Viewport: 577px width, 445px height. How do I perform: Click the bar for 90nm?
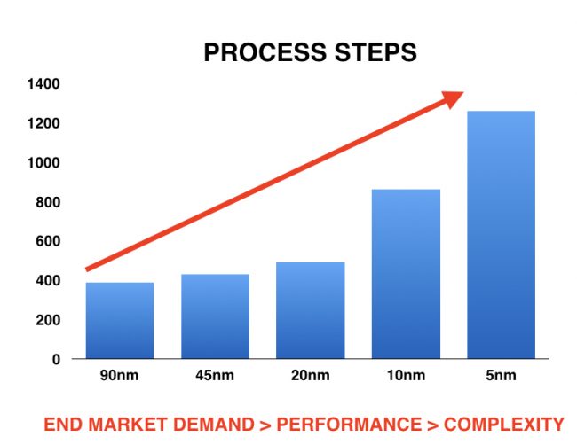[x=120, y=320]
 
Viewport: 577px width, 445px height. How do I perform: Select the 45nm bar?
[x=215, y=316]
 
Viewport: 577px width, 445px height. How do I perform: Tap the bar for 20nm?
[x=310, y=310]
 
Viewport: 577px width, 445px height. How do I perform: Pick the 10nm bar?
[x=406, y=274]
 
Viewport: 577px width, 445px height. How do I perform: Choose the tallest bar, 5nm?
[x=501, y=235]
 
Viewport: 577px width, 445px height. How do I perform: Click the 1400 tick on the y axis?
[x=43, y=84]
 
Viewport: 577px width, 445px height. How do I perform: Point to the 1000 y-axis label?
[x=43, y=163]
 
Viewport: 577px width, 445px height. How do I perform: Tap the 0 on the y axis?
[x=55, y=359]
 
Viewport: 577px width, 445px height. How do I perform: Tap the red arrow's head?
[x=453, y=98]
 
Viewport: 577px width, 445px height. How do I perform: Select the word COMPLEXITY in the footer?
[x=507, y=424]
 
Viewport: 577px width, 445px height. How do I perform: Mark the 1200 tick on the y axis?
[x=43, y=123]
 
